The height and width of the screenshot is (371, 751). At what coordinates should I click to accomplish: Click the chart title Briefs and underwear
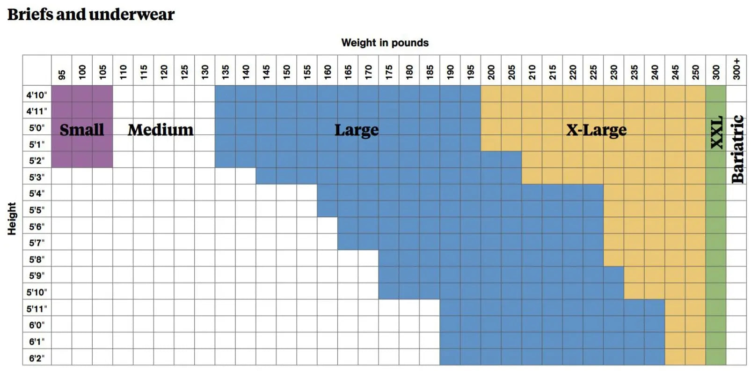tap(91, 15)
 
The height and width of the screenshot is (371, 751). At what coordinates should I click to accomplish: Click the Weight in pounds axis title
tap(385, 43)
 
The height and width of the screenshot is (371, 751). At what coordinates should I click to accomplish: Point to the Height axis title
tap(12, 218)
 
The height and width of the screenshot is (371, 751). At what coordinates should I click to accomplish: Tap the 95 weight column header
tap(62, 74)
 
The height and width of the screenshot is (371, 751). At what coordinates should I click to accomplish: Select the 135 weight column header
tap(226, 72)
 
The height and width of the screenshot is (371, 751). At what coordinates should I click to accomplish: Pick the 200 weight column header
tap(491, 72)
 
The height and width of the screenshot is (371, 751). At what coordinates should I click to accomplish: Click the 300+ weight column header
tap(736, 69)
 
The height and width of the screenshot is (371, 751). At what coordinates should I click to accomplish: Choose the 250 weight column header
tap(695, 72)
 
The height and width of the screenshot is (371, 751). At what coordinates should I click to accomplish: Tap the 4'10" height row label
tap(36, 95)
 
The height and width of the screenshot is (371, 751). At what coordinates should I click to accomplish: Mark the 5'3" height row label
tap(36, 177)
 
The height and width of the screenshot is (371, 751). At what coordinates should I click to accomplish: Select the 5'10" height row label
tap(36, 292)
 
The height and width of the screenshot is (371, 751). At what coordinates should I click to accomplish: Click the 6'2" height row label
tap(36, 358)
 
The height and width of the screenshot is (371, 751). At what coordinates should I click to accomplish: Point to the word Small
tap(82, 130)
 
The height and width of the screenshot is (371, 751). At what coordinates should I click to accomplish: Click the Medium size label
tap(160, 130)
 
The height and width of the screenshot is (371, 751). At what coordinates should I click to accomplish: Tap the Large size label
tap(357, 130)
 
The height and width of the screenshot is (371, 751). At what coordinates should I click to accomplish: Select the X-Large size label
tap(596, 130)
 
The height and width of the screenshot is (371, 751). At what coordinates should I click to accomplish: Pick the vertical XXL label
tap(716, 132)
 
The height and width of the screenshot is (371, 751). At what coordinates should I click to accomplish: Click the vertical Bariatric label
tap(737, 149)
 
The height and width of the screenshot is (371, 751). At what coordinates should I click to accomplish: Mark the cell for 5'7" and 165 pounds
tap(348, 242)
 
